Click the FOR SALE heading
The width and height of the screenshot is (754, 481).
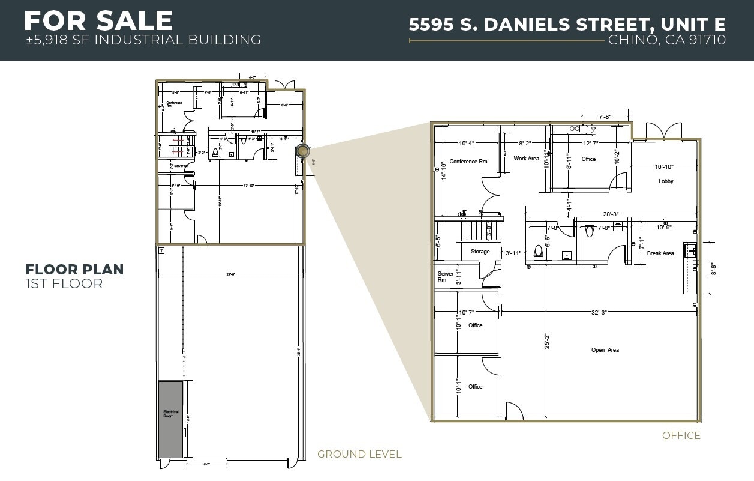[x=98, y=21]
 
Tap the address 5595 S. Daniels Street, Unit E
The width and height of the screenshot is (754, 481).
[x=567, y=25]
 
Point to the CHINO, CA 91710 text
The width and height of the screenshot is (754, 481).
[x=666, y=40]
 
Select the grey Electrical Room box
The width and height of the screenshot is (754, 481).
[x=171, y=418]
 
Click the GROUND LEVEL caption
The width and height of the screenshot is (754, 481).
[x=359, y=454]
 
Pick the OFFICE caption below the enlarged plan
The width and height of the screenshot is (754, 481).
[x=681, y=435]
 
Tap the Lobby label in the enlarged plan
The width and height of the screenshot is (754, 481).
[x=666, y=181]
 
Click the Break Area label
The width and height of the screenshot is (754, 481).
[x=660, y=253]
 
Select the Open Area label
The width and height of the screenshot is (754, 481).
[x=605, y=350]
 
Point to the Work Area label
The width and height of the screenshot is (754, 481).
[x=526, y=159]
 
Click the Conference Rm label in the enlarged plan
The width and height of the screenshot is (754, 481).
[x=468, y=162]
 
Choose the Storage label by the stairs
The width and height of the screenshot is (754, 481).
[x=480, y=252]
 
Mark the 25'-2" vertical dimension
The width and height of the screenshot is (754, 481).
[x=546, y=342]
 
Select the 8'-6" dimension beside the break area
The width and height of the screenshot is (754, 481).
[x=713, y=268]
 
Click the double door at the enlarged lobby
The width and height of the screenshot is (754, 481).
[x=663, y=130]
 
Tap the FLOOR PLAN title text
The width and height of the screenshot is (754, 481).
[x=74, y=270]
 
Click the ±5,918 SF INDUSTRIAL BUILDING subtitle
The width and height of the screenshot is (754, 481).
[x=143, y=40]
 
